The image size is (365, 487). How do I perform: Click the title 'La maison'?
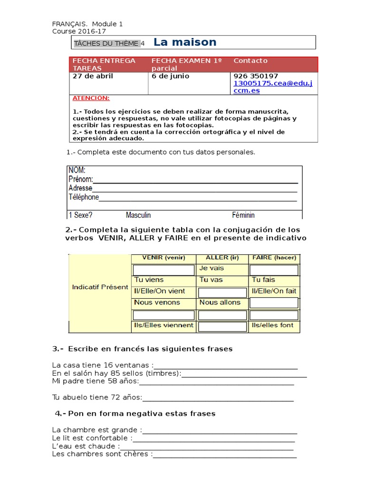click(x=185, y=42)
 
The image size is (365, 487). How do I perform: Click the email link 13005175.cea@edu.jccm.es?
click(x=273, y=87)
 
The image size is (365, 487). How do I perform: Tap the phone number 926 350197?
click(x=256, y=76)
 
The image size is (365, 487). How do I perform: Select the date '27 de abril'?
click(x=93, y=76)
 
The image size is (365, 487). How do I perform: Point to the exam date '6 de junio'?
click(x=170, y=76)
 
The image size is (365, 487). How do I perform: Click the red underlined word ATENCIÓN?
click(x=91, y=98)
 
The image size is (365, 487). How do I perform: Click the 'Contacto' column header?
click(x=250, y=61)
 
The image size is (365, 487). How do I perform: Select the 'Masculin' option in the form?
click(x=138, y=215)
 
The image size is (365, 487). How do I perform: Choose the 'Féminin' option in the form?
click(x=243, y=215)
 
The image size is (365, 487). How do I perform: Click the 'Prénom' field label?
click(x=80, y=179)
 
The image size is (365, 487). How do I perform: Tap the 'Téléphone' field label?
click(x=84, y=197)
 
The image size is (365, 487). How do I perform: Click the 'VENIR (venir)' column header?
click(x=163, y=258)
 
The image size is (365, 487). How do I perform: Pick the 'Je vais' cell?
click(x=211, y=268)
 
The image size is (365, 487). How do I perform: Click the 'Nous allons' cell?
click(x=220, y=302)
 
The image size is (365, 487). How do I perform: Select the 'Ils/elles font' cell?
click(x=273, y=325)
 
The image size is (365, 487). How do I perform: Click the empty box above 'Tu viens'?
click(x=163, y=270)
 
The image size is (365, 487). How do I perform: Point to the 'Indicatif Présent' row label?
click(x=100, y=287)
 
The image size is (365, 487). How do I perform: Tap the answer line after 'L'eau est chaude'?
click(x=207, y=447)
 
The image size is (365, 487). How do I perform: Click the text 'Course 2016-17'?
click(x=79, y=31)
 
